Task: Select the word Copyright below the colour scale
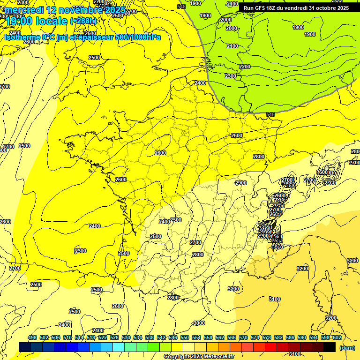(177, 357)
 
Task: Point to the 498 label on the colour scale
(32, 338)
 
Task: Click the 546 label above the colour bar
(173, 338)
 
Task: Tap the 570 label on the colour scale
(243, 338)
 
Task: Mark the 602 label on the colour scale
(337, 338)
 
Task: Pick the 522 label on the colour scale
(103, 338)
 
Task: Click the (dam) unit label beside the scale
(347, 348)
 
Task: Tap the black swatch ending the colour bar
(330, 347)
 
